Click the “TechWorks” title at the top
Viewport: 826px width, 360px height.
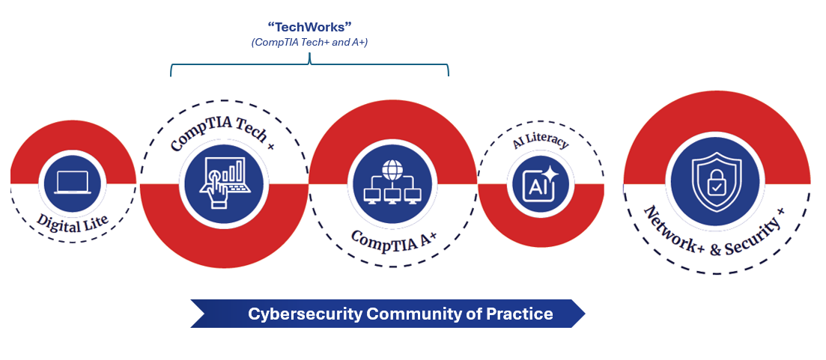(x=309, y=26)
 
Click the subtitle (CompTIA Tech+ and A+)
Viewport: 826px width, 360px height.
(x=309, y=43)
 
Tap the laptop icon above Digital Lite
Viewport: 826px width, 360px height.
(x=72, y=183)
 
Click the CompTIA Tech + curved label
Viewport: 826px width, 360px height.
(x=222, y=131)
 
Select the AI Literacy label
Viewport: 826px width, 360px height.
(x=541, y=141)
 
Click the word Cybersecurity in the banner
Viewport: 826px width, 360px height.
(x=305, y=314)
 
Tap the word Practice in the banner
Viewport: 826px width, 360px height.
(x=523, y=314)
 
